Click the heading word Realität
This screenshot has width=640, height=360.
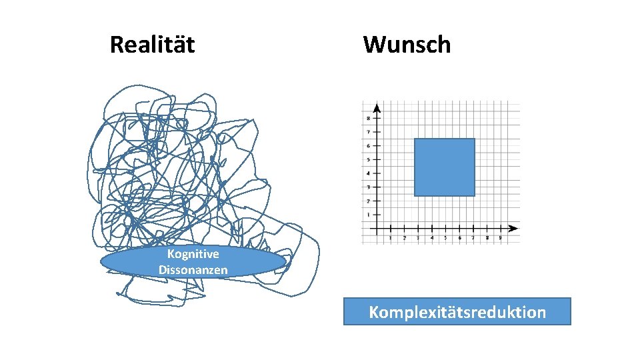(x=152, y=45)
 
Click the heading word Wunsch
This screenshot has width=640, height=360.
(x=407, y=45)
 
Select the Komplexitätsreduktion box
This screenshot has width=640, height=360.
(x=457, y=311)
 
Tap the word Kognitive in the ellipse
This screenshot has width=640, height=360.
(x=193, y=254)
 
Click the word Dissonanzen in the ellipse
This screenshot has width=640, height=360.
(x=193, y=270)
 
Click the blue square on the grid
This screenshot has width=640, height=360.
(x=444, y=167)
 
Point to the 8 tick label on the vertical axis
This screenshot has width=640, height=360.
(x=369, y=118)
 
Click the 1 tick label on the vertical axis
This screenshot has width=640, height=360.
(x=369, y=215)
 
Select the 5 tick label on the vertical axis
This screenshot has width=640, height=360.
(x=369, y=159)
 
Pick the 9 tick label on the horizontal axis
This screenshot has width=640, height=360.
(x=500, y=237)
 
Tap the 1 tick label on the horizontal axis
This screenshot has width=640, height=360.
(x=390, y=237)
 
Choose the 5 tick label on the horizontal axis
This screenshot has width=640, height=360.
(x=445, y=237)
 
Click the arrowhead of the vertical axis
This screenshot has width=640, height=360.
(x=377, y=107)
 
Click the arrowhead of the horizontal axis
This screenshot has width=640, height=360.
(x=514, y=228)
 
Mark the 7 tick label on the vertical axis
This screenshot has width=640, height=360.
(x=369, y=132)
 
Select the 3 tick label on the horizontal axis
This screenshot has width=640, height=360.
(x=417, y=237)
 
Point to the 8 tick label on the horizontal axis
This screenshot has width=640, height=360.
(x=487, y=237)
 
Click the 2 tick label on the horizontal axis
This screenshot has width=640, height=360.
(x=404, y=237)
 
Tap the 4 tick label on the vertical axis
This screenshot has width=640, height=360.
(x=369, y=173)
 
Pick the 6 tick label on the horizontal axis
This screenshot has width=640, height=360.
(x=459, y=237)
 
